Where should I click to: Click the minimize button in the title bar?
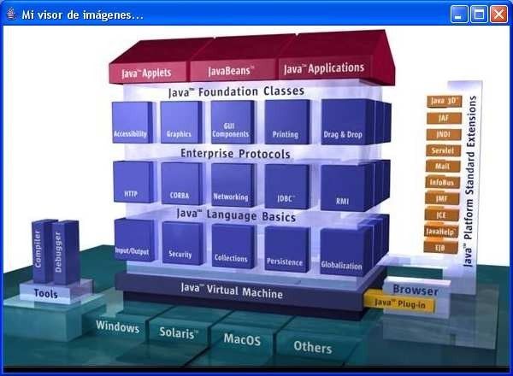click(460, 15)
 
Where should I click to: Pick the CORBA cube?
click(180, 185)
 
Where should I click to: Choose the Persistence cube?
click(283, 246)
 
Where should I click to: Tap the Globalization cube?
click(342, 253)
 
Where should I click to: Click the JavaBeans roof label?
click(229, 70)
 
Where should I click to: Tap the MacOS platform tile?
click(242, 339)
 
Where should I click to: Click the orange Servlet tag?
click(442, 150)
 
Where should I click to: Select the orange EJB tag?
click(436, 246)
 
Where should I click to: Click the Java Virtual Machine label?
click(232, 291)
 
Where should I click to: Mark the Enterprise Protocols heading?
click(235, 155)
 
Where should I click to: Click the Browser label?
click(415, 290)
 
